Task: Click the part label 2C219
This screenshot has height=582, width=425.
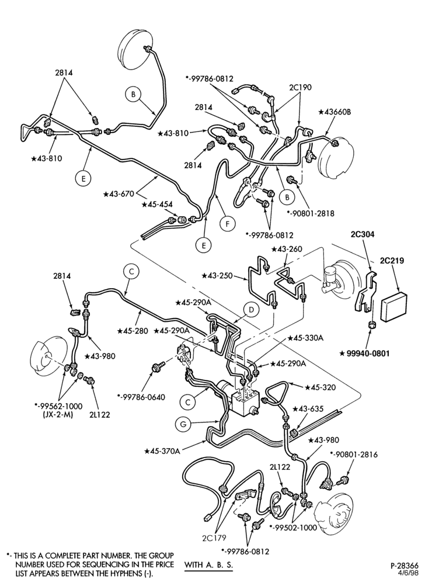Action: tap(392, 261)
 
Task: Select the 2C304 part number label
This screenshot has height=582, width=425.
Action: tap(363, 234)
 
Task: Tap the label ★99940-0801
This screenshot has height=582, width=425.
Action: tap(364, 354)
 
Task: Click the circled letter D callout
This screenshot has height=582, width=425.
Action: tap(252, 310)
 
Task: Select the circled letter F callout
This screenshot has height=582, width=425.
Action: tap(227, 224)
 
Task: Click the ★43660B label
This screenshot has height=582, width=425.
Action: tap(334, 112)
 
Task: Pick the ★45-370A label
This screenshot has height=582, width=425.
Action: tap(162, 451)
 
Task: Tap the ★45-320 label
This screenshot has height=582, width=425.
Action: tap(320, 387)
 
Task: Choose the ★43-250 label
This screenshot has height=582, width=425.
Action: tap(217, 276)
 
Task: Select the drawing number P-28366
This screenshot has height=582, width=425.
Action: tap(404, 566)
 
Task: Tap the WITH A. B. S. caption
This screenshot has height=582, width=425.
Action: tap(208, 565)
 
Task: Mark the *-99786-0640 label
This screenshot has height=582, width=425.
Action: tap(141, 397)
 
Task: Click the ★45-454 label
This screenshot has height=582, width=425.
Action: tap(156, 205)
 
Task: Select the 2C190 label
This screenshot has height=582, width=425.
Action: tap(301, 88)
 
